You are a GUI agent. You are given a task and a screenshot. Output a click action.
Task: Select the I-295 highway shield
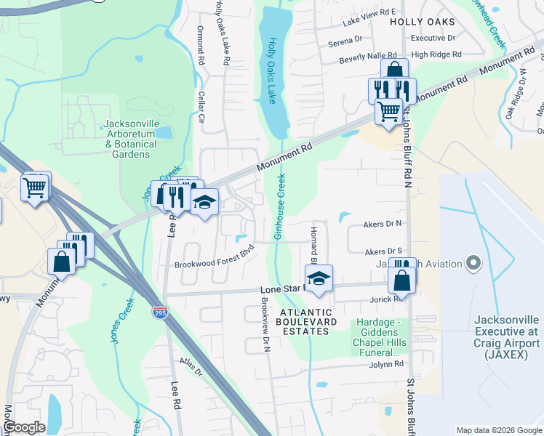pos(159,312)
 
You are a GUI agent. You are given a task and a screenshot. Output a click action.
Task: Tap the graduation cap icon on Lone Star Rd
pos(319,278)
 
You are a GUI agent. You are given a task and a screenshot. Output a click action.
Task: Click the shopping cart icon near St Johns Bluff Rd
pos(389,112)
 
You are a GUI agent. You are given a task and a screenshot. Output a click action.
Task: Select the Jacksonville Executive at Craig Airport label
pos(507,338)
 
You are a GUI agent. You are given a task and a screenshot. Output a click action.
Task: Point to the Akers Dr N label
pos(383,225)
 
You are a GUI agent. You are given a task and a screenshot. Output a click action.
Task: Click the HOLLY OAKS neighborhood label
pos(422,22)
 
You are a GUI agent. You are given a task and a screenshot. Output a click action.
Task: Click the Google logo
pos(24,427)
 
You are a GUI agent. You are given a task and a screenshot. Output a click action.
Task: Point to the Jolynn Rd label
pos(385,365)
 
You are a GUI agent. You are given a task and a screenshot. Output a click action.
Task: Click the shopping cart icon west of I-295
pos(35,188)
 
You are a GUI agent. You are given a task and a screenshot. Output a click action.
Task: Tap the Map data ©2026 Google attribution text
pos(498,429)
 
